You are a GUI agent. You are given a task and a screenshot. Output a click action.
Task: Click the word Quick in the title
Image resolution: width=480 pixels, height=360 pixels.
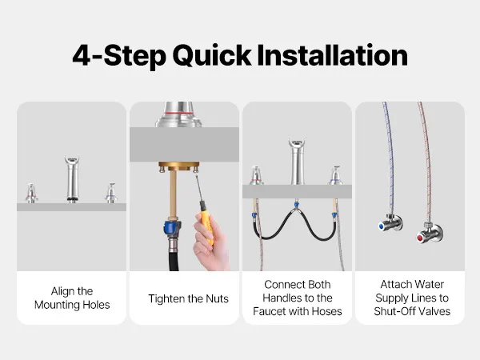click(x=212, y=56)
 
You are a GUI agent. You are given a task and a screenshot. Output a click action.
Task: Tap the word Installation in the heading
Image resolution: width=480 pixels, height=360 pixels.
click(x=333, y=55)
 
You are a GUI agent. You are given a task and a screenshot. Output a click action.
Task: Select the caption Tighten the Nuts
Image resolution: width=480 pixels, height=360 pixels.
click(x=188, y=298)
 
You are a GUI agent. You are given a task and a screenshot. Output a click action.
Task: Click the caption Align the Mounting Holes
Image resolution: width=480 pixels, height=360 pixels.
click(x=72, y=298)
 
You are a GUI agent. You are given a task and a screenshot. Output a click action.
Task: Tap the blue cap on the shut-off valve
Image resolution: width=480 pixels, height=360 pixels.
click(x=382, y=226)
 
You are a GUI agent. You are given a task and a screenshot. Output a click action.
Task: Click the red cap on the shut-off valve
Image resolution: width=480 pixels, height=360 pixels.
click(x=420, y=238)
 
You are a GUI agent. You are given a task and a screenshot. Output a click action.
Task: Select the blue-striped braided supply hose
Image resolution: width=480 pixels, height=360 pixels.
click(x=389, y=159)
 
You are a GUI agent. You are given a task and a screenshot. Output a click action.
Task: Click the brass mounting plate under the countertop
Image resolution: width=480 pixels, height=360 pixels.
click(x=178, y=166)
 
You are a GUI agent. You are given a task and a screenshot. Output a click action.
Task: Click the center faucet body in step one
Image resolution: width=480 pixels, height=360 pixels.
click(x=72, y=178)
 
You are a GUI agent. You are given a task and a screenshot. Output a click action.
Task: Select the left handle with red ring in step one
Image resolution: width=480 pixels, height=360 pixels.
click(x=31, y=193)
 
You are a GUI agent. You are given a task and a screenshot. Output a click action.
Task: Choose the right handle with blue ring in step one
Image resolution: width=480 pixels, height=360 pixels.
click(x=111, y=193)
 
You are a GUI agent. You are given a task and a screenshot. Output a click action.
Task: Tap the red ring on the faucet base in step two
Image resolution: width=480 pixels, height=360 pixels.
click(x=179, y=114)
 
